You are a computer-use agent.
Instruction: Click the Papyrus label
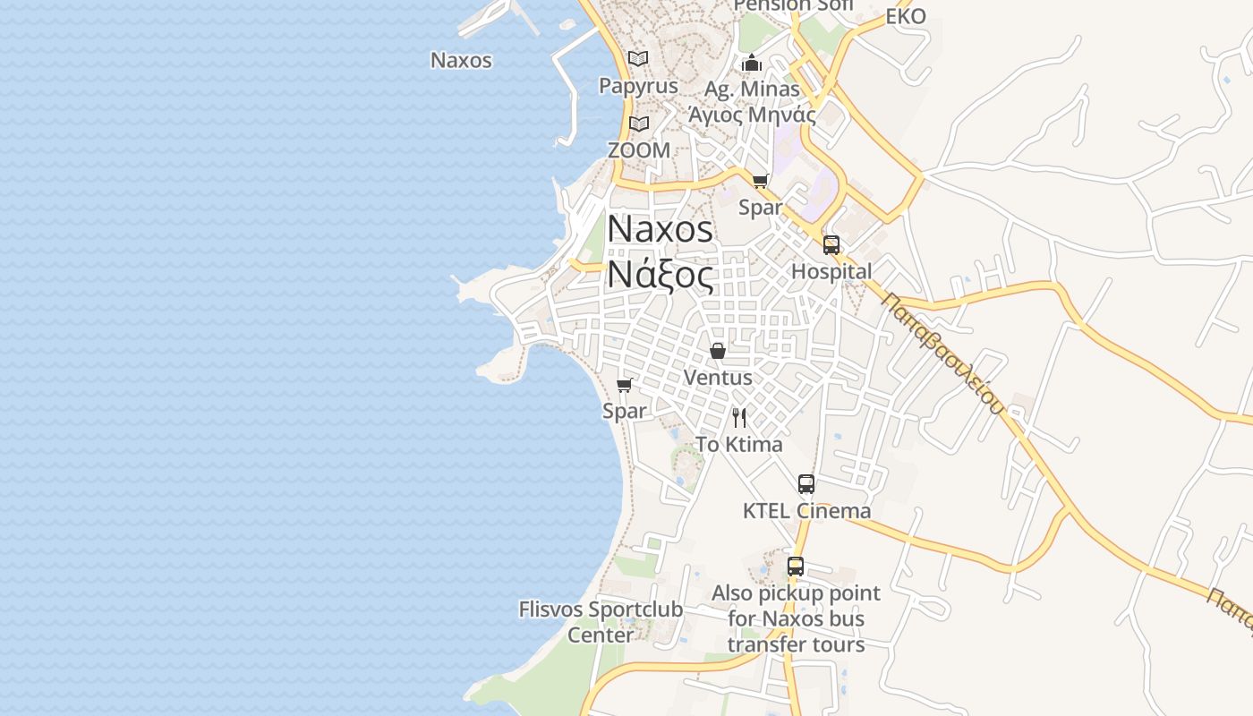(x=638, y=87)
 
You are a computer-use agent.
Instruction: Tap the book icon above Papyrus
(x=638, y=59)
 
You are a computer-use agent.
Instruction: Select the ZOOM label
(x=638, y=150)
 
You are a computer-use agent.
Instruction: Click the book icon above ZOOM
(x=638, y=124)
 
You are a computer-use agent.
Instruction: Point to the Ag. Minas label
(x=752, y=89)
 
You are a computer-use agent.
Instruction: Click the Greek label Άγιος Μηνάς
(x=752, y=115)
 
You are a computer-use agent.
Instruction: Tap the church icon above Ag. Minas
(x=752, y=63)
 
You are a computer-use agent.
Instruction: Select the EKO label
(x=906, y=17)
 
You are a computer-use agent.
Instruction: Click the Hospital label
(x=831, y=271)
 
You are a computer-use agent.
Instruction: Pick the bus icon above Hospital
(x=831, y=245)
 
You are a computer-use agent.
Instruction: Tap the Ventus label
(x=718, y=378)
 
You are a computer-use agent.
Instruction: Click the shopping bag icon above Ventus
(x=718, y=351)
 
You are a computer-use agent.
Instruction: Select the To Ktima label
(x=739, y=445)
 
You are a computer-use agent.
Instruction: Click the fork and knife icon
(x=739, y=417)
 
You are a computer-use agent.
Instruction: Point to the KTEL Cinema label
(x=806, y=511)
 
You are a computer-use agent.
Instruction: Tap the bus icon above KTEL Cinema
(x=806, y=484)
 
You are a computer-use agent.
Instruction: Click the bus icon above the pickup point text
(x=796, y=567)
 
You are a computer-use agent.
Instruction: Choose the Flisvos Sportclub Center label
(x=601, y=622)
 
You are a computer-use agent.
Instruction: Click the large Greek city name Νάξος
(x=661, y=275)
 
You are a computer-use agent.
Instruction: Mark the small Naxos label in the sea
(x=461, y=60)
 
